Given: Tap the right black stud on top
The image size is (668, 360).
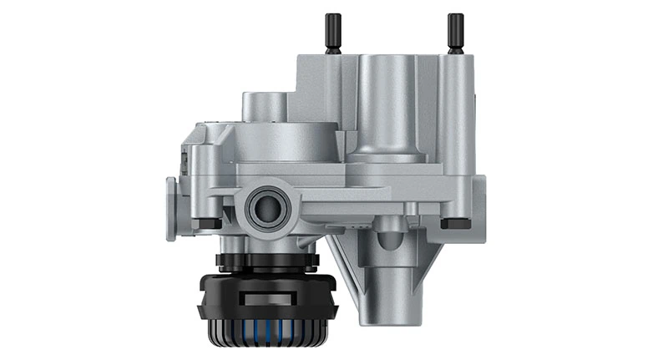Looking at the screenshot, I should pyautogui.click(x=455, y=33).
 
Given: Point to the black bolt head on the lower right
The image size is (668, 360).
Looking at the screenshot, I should pyautogui.click(x=454, y=223).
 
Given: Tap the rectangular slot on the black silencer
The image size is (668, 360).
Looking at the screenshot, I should pyautogui.click(x=266, y=297).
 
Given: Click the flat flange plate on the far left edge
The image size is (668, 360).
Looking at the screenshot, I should pyautogui.click(x=171, y=209).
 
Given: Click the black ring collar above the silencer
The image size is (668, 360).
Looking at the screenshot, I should pyautogui.click(x=266, y=261).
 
